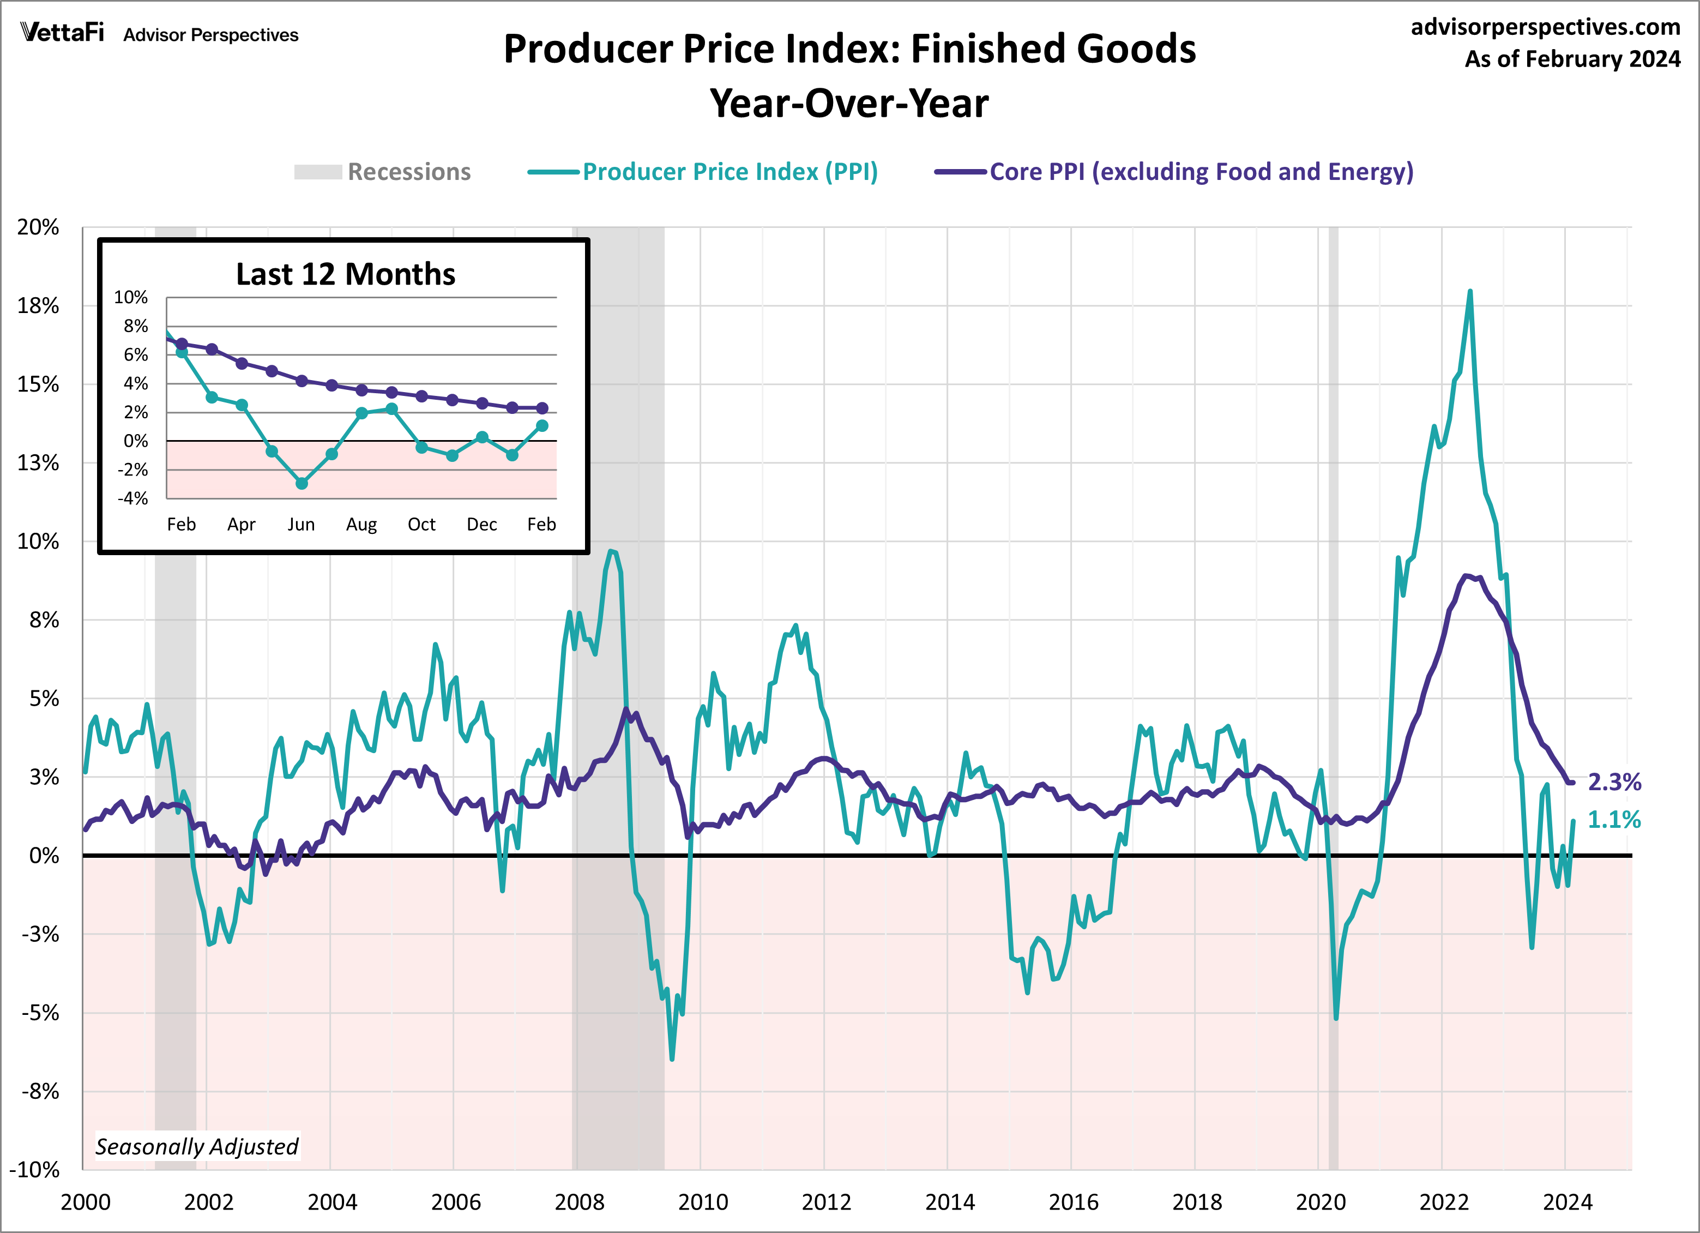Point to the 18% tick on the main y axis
(38, 306)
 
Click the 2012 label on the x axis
(826, 1202)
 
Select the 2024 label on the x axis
(1568, 1202)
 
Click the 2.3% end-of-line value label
(1614, 782)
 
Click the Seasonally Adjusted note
(197, 1146)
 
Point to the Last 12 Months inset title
(346, 274)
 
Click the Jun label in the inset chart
(302, 524)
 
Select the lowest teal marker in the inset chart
(302, 484)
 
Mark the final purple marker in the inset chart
(542, 408)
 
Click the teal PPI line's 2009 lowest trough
(672, 1059)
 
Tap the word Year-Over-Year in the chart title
(849, 104)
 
